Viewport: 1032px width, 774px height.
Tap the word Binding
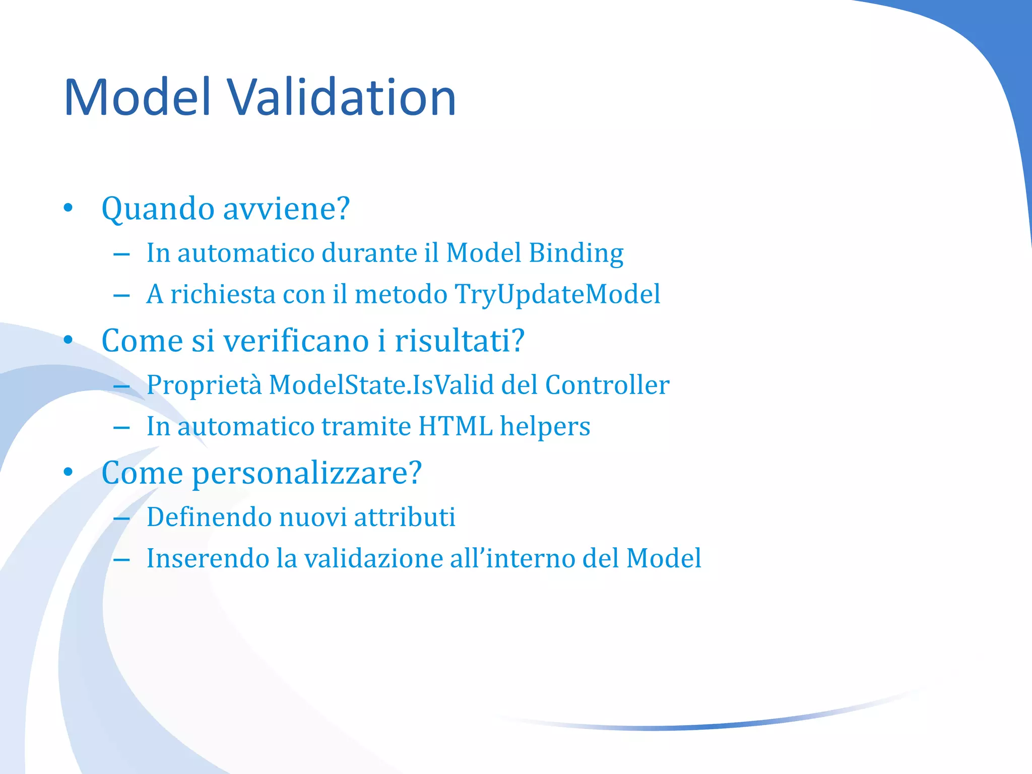tap(576, 253)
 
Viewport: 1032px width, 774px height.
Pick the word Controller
tap(607, 385)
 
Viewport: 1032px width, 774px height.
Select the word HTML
tap(455, 426)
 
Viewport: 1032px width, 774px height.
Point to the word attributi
tap(405, 517)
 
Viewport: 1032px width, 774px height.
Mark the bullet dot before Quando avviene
tap(69, 209)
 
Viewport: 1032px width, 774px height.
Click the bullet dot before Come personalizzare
tap(69, 473)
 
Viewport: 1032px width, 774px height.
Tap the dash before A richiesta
tap(121, 295)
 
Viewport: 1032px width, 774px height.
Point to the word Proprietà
tap(204, 385)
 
